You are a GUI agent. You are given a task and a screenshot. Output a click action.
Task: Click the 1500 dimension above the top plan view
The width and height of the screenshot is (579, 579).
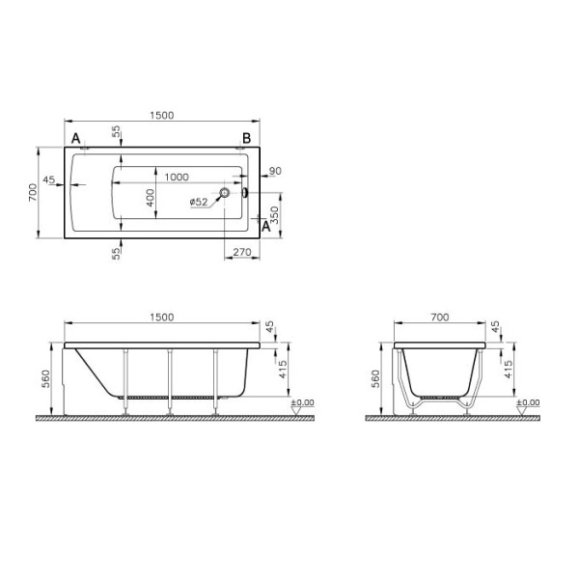click(162, 115)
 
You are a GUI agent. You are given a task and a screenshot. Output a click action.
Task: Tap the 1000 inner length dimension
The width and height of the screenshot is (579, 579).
click(177, 177)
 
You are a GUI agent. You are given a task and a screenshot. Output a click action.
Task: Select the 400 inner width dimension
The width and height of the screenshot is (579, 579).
click(150, 198)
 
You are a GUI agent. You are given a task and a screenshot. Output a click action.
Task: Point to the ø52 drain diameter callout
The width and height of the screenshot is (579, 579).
click(199, 202)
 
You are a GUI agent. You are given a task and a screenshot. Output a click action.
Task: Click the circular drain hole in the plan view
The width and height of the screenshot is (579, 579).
click(225, 192)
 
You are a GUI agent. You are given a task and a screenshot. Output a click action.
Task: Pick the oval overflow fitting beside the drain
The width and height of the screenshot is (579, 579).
click(245, 192)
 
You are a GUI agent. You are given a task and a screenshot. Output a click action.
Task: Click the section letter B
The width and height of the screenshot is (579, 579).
click(246, 138)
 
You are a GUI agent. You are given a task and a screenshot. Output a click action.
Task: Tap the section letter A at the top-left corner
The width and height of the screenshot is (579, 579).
click(75, 138)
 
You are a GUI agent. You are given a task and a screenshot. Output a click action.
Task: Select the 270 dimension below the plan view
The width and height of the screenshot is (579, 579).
click(242, 252)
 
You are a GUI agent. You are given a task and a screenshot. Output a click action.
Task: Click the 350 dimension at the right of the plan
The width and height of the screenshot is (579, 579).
click(275, 215)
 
